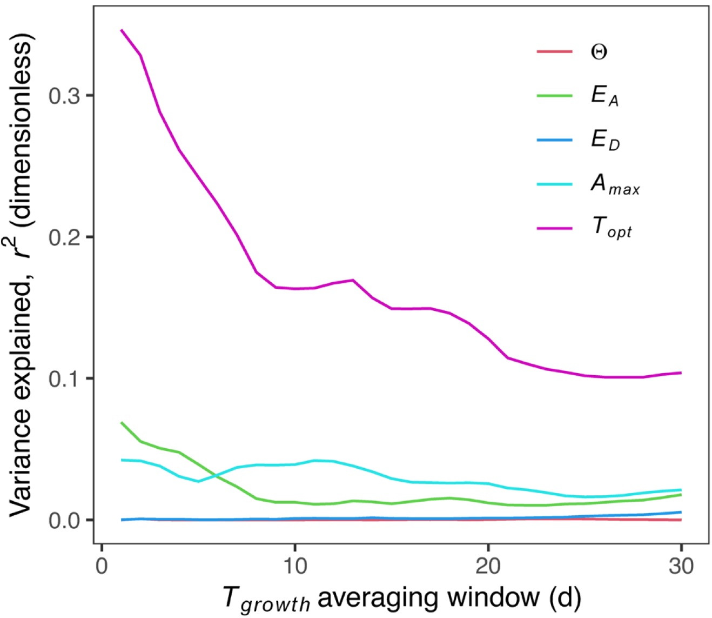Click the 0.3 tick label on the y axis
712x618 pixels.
pyautogui.click(x=63, y=96)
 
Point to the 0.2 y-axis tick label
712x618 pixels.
pyautogui.click(x=63, y=237)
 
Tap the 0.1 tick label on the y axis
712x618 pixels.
pyautogui.click(x=63, y=378)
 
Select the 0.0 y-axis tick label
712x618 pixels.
pyautogui.click(x=63, y=520)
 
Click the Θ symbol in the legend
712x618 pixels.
pyautogui.click(x=599, y=52)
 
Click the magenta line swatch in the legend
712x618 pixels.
pyautogui.click(x=554, y=229)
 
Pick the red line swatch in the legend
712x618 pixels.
pyautogui.click(x=554, y=52)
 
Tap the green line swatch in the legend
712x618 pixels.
pyautogui.click(x=554, y=96)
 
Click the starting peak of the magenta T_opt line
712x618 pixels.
pyautogui.click(x=122, y=30)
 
